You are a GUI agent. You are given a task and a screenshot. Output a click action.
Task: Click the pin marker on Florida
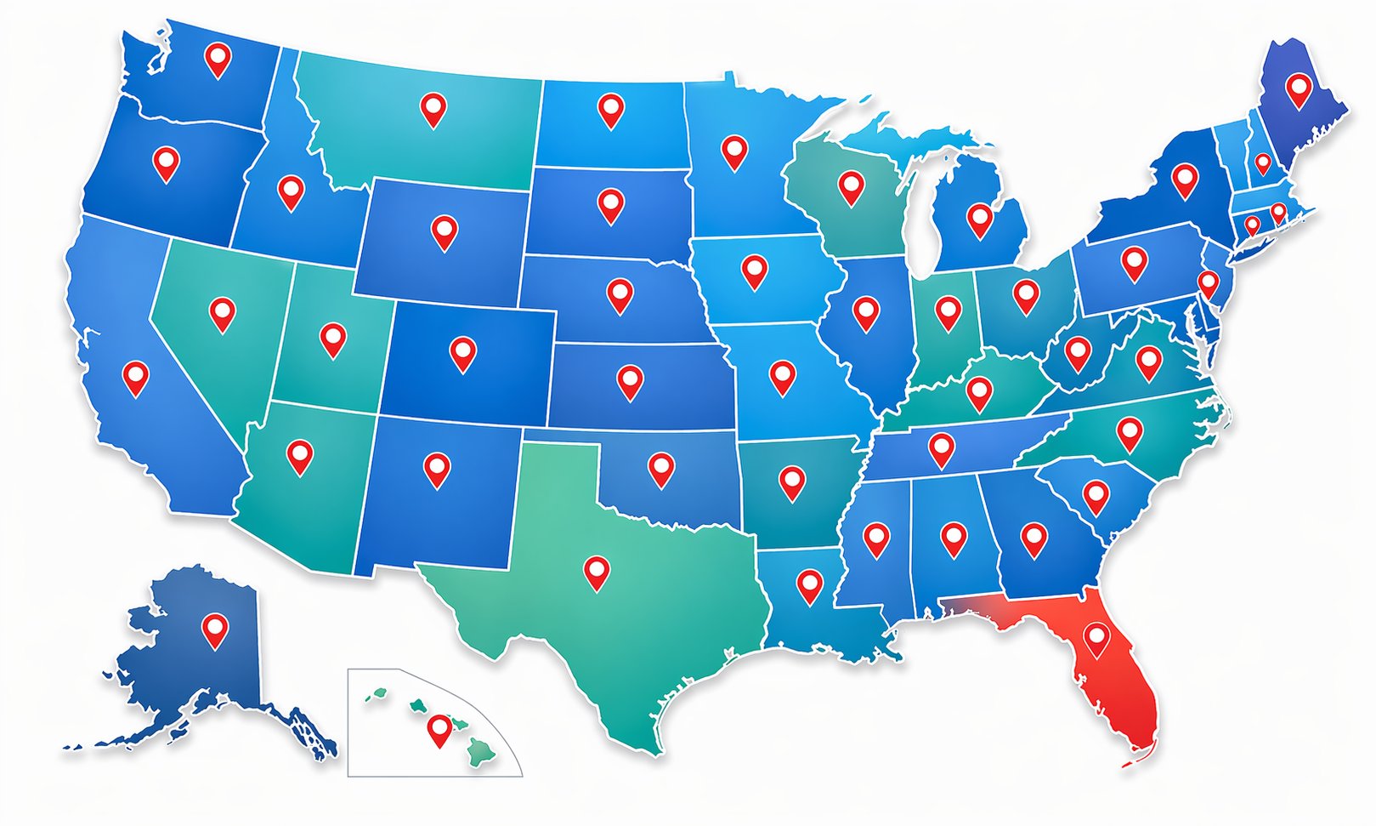coord(1096,635)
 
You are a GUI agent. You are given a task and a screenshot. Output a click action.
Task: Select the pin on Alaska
coord(215,629)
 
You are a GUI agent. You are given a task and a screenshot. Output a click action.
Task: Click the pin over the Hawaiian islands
coord(439,727)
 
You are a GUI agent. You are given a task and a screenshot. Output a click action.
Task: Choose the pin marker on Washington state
coord(218,57)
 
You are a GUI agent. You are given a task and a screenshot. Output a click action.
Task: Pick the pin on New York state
coord(1184,177)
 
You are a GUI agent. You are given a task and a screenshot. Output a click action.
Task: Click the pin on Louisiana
coord(809,583)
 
